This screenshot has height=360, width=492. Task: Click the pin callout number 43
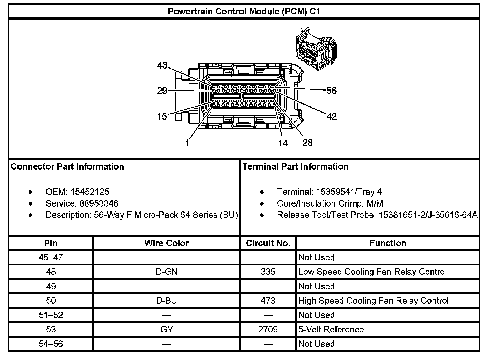(162, 65)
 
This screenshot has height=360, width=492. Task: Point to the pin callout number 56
(331, 91)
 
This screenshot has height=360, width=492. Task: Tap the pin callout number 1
(187, 143)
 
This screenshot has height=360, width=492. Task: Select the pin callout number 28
(307, 143)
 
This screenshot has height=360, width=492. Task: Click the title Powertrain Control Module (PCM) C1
(244, 11)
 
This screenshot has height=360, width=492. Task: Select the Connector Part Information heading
(67, 166)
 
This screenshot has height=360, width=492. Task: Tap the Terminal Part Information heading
(295, 166)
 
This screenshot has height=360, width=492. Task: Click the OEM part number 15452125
(89, 192)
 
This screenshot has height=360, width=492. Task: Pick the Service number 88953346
(99, 203)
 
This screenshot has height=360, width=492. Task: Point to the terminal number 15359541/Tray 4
(349, 192)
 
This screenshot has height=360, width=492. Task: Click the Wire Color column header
(166, 243)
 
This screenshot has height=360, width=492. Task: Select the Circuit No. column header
(268, 243)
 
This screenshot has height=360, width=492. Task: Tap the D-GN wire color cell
(166, 272)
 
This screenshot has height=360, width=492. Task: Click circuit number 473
(268, 301)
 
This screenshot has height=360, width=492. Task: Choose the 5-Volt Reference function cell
(331, 330)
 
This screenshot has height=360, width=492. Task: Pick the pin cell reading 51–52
(51, 315)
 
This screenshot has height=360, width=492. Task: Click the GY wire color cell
(166, 330)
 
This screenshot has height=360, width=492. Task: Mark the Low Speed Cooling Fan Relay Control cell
(372, 272)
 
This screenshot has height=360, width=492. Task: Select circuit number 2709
(268, 330)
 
